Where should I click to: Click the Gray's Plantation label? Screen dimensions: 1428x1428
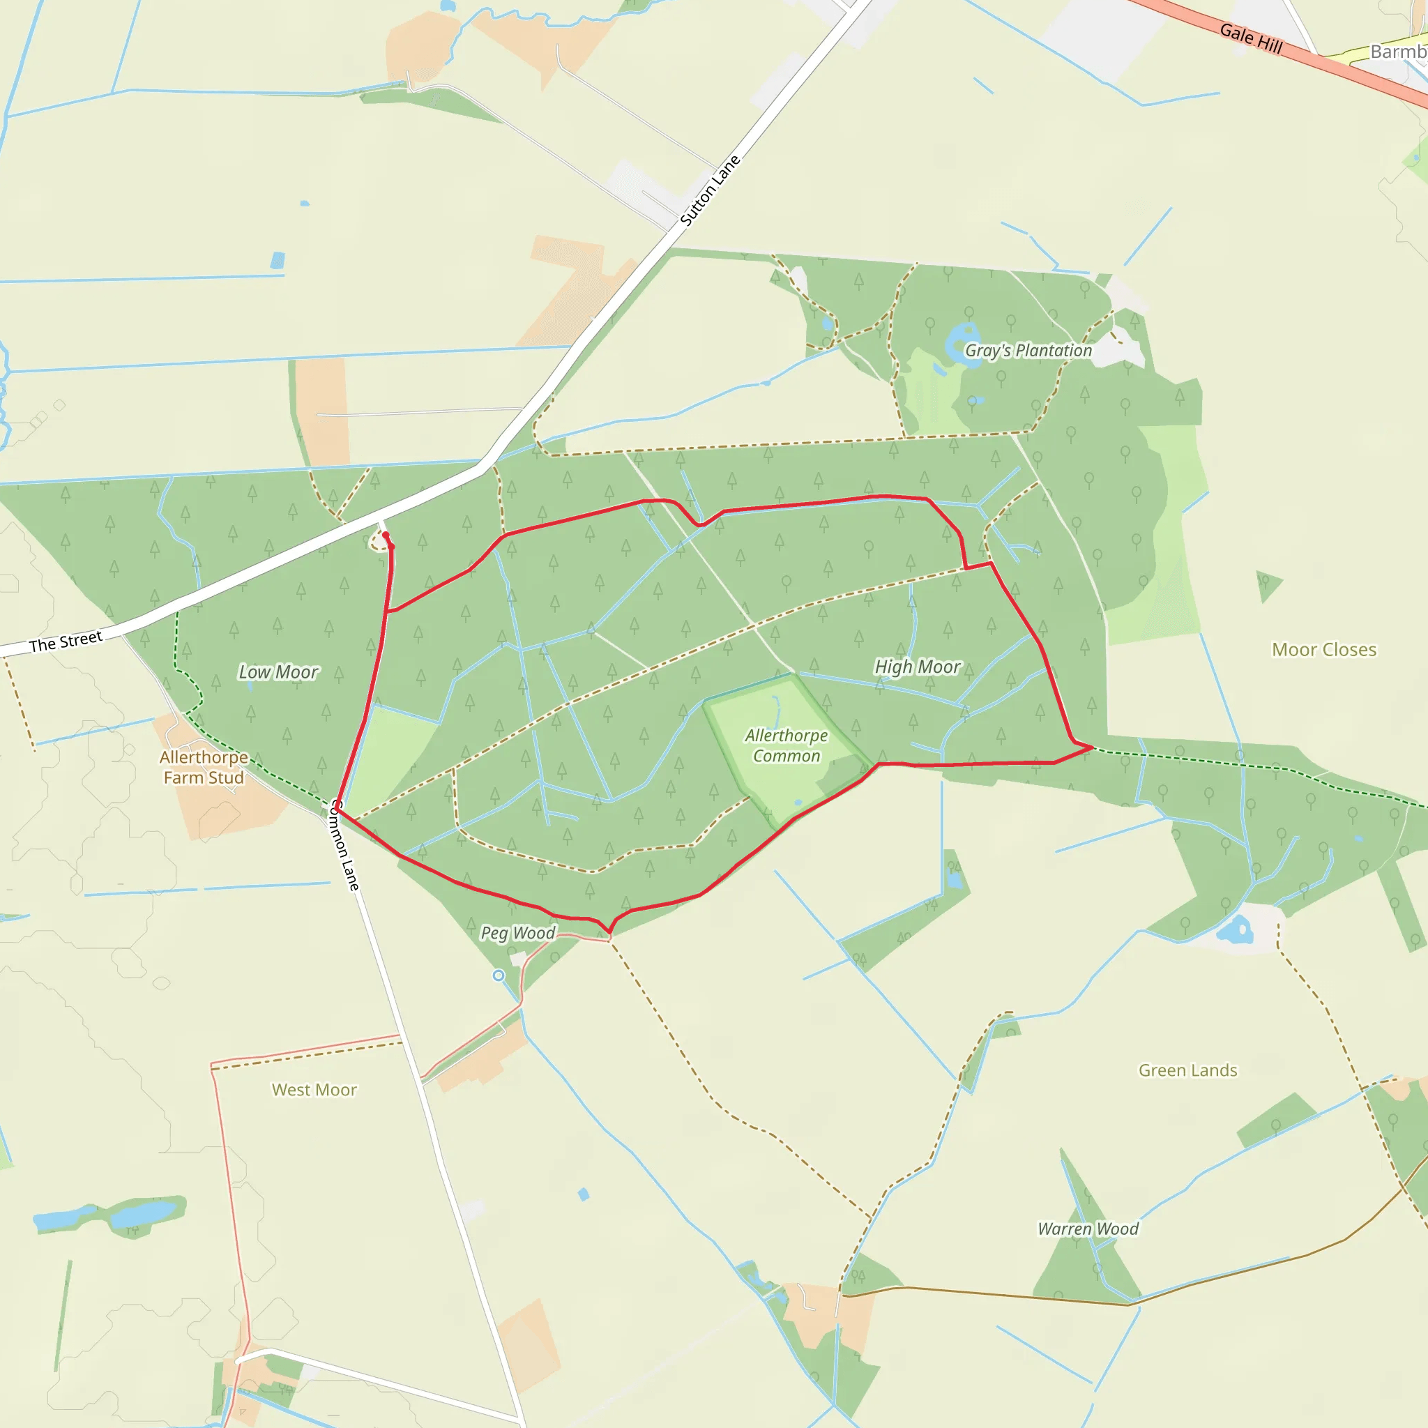1028,350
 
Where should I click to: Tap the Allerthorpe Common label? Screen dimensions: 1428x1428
786,745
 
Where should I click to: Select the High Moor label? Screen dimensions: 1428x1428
918,667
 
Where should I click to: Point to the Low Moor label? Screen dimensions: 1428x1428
278,672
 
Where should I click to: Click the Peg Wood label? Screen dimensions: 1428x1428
517,933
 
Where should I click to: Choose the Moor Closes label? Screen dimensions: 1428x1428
1324,650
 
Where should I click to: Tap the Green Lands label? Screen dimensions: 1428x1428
1187,1070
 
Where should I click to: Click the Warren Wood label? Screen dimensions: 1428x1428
1087,1229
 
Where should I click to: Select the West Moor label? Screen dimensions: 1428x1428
314,1090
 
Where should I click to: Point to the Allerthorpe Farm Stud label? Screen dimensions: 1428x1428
204,767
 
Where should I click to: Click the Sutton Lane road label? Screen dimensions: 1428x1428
710,190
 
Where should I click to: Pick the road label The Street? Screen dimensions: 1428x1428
65,641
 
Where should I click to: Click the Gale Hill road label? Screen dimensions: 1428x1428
1251,38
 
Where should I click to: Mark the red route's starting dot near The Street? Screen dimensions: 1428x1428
385,535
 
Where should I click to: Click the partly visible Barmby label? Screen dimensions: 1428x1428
1399,52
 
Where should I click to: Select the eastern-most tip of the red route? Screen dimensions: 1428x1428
1093,747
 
